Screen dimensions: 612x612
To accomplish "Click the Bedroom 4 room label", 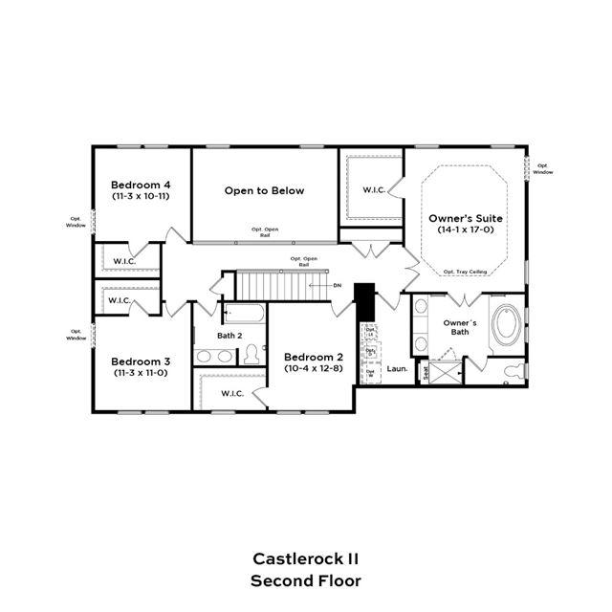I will (x=142, y=185).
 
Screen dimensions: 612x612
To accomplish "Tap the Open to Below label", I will (x=265, y=190).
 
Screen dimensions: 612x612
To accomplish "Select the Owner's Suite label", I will (x=466, y=219).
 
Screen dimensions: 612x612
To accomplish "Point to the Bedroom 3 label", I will (x=141, y=361).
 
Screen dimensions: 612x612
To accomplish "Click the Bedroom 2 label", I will (x=313, y=357).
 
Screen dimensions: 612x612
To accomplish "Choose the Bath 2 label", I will (x=229, y=336).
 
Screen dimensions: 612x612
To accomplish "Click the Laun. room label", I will (x=397, y=368).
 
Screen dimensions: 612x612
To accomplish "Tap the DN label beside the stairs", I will (x=337, y=286).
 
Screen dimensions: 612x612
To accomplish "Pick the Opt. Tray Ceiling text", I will (x=465, y=273).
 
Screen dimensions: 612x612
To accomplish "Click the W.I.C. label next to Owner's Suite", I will (x=374, y=190).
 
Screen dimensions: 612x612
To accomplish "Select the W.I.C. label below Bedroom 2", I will (x=232, y=393).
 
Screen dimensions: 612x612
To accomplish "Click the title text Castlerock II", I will (x=305, y=557).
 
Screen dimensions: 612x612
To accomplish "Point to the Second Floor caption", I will (x=305, y=580).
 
